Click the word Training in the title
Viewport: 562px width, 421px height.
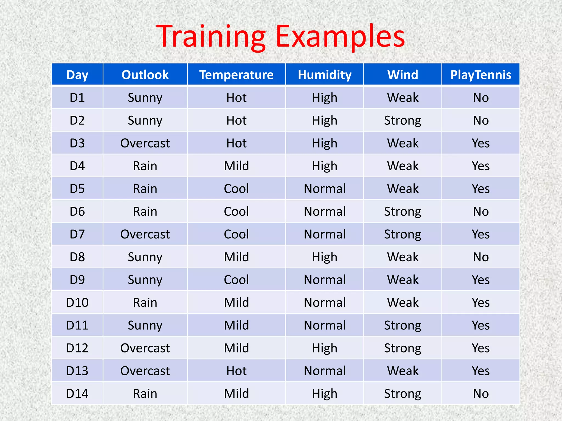[211, 36]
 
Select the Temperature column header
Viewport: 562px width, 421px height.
[236, 75]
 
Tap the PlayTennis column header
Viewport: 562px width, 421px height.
[481, 75]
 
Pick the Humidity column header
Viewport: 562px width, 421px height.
[325, 75]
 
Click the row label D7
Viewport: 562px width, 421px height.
[77, 234]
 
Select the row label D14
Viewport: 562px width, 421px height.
[77, 394]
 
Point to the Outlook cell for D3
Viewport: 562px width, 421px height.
[145, 143]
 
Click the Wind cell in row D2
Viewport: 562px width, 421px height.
[403, 120]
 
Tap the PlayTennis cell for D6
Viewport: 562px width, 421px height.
[481, 211]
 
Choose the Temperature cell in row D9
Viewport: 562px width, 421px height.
[236, 280]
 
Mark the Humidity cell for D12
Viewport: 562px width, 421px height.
[325, 348]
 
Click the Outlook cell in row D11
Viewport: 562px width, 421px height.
[145, 325]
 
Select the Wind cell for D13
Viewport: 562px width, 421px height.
[403, 371]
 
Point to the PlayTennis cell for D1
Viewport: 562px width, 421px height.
[481, 98]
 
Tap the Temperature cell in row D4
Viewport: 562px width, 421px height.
[236, 166]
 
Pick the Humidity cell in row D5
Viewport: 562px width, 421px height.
[325, 189]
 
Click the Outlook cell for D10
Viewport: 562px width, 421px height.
[145, 303]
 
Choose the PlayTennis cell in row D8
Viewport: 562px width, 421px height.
[481, 257]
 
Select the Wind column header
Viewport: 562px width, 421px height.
[403, 75]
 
